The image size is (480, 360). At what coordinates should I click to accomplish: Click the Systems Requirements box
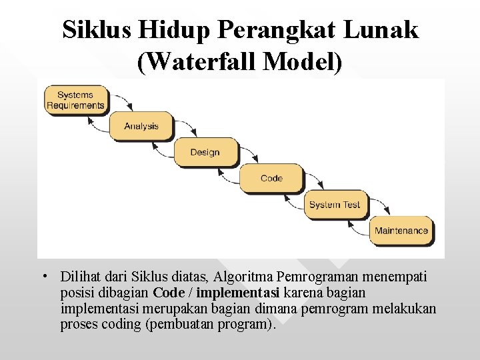[x=75, y=100]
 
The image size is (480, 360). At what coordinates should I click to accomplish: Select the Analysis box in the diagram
[x=141, y=126]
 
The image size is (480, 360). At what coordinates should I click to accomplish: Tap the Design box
[x=205, y=153]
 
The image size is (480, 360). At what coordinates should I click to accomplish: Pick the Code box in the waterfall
[x=271, y=178]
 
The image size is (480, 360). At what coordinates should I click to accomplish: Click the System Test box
[x=334, y=205]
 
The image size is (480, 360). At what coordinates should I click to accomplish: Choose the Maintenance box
[x=401, y=231]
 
